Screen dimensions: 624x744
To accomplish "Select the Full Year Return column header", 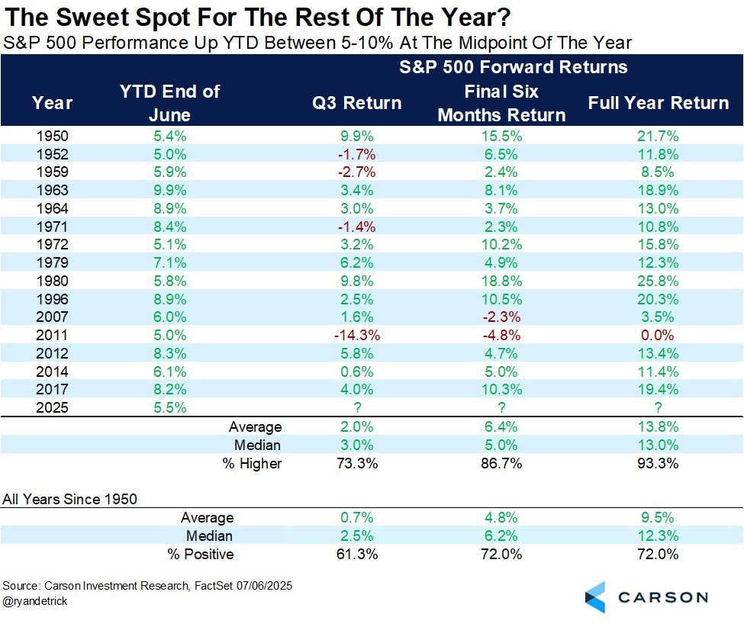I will [658, 103].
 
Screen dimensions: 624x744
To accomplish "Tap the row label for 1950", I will [53, 136].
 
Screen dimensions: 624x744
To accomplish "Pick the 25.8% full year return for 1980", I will [658, 281].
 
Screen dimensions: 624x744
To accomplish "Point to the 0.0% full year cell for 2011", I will [658, 335].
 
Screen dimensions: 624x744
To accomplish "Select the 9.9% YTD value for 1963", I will [170, 190].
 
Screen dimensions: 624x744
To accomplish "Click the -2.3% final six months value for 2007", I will [501, 317].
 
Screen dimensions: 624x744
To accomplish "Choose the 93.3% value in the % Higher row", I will [658, 463].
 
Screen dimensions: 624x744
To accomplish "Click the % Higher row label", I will [253, 463].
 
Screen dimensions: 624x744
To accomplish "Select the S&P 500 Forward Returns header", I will [513, 67].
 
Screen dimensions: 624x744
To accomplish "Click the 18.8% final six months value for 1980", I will [501, 281].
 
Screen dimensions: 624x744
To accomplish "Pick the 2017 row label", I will [53, 389].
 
